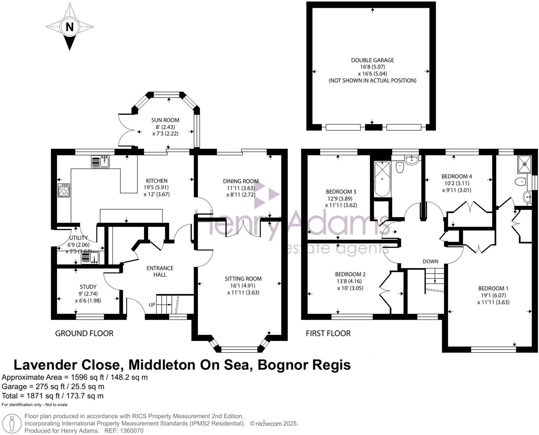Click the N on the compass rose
69,27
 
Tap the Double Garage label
372,60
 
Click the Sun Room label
165,120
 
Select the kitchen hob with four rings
64,190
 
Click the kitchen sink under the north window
100,162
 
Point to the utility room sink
90,258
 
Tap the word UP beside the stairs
152,305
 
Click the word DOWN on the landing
430,261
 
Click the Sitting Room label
243,279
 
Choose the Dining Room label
241,181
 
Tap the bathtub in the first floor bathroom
382,179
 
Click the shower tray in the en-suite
524,164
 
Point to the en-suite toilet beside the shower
521,181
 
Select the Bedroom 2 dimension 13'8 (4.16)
350,281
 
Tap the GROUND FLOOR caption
84,333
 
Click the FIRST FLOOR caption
328,333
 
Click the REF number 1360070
132,431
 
